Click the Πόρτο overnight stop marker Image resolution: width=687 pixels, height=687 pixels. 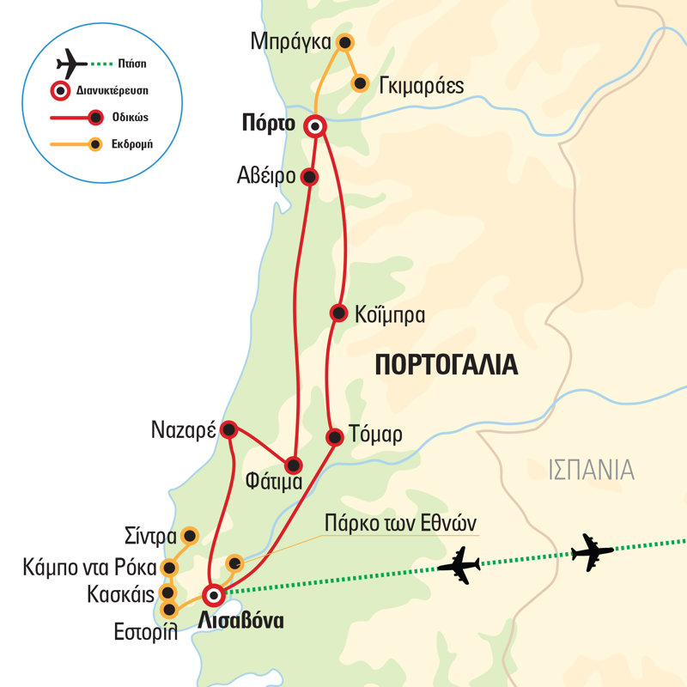pos(315,125)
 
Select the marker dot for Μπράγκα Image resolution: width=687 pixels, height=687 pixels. pos(344,42)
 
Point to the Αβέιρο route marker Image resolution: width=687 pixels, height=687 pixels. pos(311,177)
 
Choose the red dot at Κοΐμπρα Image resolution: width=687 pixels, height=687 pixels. pos(338,313)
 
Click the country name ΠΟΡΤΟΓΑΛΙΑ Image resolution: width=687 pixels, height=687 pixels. pos(447,366)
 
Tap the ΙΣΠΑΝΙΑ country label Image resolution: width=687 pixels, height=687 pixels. pos(591,470)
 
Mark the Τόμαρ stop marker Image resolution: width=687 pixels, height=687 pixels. pos(335,436)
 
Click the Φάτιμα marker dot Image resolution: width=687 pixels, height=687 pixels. pos(294,465)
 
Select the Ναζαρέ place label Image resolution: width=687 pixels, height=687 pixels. pos(182,429)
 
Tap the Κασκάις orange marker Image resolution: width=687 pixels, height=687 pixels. pos(168,593)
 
